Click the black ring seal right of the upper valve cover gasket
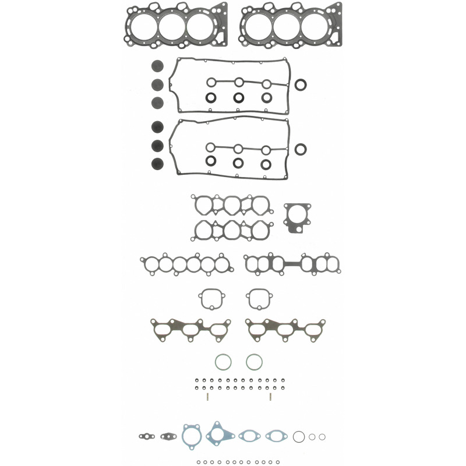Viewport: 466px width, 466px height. click(301, 86)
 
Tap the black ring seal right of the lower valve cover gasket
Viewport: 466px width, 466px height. click(301, 150)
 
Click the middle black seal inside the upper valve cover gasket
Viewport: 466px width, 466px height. click(239, 97)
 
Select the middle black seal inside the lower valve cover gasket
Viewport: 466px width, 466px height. click(239, 163)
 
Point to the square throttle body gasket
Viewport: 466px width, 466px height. click(298, 217)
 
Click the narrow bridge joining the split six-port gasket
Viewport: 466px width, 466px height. click(293, 264)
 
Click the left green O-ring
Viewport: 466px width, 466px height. click(223, 362)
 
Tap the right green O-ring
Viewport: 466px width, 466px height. click(254, 362)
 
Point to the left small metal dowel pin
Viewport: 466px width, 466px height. click(207, 397)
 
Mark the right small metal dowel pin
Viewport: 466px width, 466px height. click(271, 397)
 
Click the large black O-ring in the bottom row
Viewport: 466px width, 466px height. click(299, 436)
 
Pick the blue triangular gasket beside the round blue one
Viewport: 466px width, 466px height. click(217, 435)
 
